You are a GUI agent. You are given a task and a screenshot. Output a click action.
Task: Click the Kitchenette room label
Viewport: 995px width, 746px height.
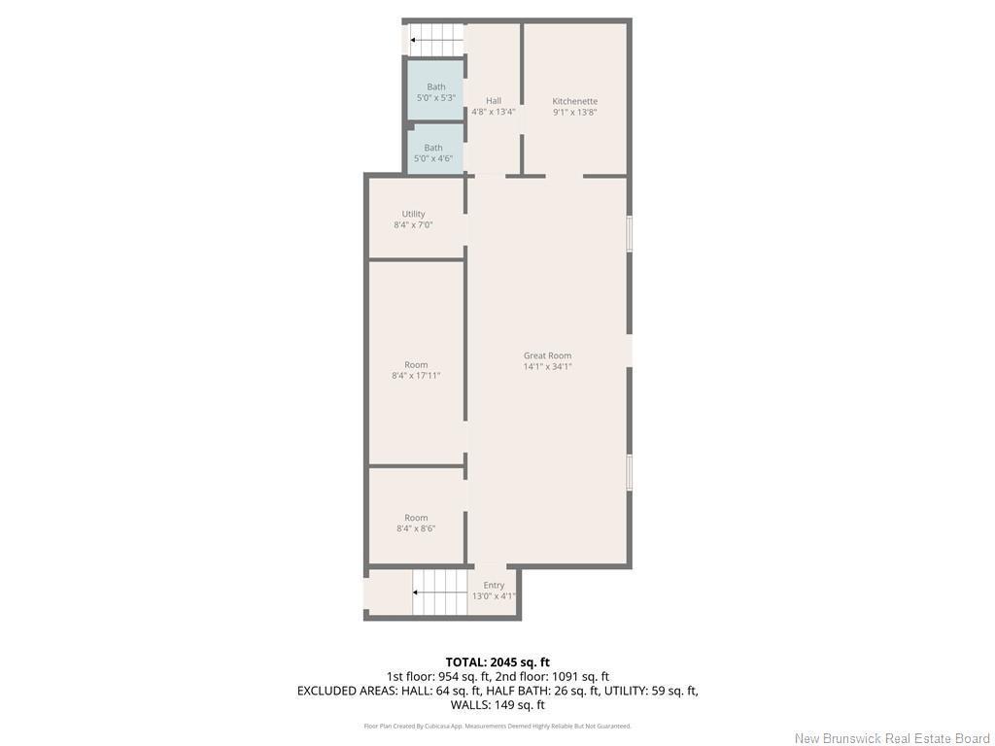pyautogui.click(x=574, y=101)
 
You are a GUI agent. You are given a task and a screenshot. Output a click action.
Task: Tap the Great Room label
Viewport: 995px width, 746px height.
pyautogui.click(x=547, y=356)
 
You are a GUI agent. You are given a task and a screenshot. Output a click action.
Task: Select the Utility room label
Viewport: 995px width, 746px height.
pyautogui.click(x=413, y=214)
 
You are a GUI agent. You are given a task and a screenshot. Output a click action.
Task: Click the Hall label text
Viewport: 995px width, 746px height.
pyautogui.click(x=494, y=101)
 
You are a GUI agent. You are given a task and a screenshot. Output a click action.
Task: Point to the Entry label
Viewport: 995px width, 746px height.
pyautogui.click(x=494, y=585)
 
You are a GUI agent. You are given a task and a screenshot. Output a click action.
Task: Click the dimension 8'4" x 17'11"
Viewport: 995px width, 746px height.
pyautogui.click(x=416, y=376)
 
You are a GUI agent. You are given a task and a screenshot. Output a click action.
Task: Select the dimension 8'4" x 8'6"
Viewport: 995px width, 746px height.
pyautogui.click(x=416, y=528)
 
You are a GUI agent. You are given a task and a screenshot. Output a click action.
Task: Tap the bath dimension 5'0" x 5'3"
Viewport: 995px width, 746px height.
pyautogui.click(x=435, y=98)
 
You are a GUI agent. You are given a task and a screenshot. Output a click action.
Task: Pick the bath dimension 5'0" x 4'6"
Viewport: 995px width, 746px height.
pyautogui.click(x=432, y=158)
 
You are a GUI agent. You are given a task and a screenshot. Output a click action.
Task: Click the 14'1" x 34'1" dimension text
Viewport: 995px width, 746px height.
pyautogui.click(x=547, y=367)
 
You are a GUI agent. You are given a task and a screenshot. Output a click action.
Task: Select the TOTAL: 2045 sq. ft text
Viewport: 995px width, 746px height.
pyautogui.click(x=497, y=662)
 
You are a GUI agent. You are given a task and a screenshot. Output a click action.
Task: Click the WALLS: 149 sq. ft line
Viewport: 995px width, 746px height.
pyautogui.click(x=497, y=705)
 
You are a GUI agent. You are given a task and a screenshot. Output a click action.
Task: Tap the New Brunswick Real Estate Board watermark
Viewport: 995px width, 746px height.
pyautogui.click(x=892, y=738)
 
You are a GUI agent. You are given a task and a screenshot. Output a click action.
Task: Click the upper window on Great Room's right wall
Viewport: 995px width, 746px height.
pyautogui.click(x=629, y=233)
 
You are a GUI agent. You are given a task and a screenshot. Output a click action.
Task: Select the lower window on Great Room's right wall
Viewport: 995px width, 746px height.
pyautogui.click(x=629, y=472)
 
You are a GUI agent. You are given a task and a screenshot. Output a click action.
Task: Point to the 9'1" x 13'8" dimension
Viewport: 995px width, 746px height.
pyautogui.click(x=574, y=113)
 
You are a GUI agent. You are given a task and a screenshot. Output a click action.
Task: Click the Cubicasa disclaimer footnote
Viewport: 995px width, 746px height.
pyautogui.click(x=497, y=726)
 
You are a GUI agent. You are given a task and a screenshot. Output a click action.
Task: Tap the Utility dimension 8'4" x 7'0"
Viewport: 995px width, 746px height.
pyautogui.click(x=413, y=225)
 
